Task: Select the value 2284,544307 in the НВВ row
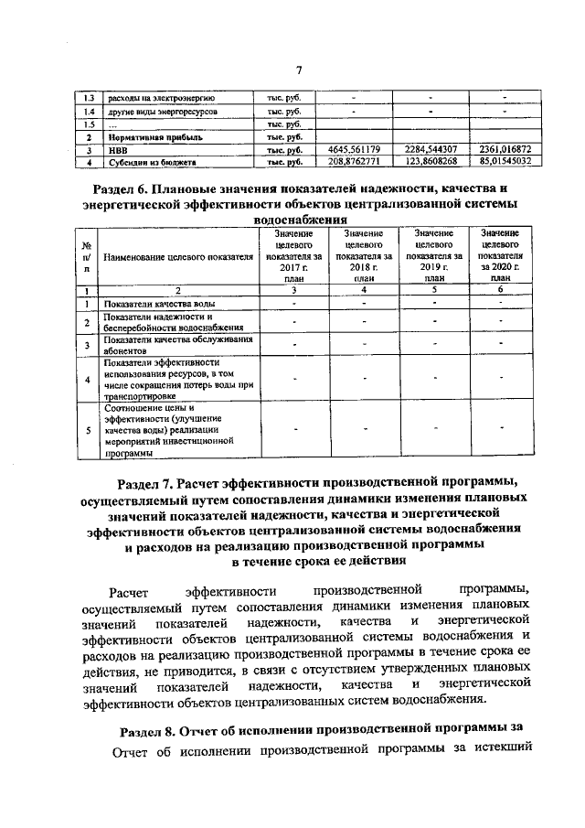click(431, 149)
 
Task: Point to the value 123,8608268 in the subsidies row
click(431, 162)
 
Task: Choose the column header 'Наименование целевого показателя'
click(178, 258)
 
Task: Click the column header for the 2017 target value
click(292, 258)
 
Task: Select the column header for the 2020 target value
click(501, 258)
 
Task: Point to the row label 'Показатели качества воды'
click(160, 303)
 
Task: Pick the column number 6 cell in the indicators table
click(501, 290)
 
